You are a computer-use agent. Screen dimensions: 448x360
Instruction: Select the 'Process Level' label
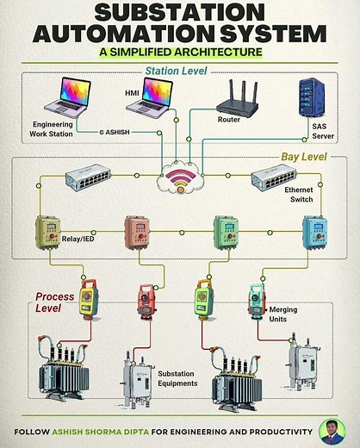[x=54, y=302]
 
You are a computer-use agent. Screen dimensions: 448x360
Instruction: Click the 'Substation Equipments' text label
[x=177, y=379]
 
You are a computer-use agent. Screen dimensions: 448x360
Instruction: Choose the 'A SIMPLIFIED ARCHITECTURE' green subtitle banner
[x=180, y=51]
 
